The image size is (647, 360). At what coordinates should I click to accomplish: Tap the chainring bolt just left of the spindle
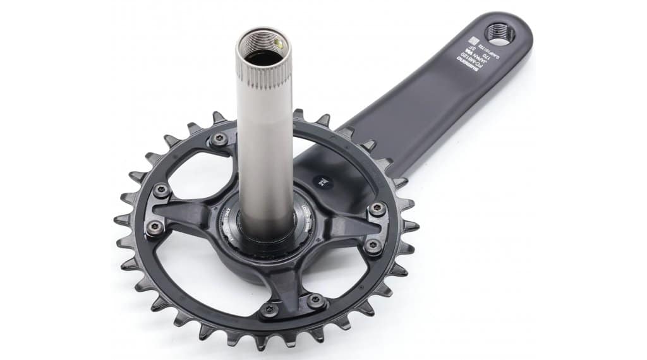point(219,140)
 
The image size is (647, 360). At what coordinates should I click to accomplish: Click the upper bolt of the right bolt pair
point(377,210)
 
